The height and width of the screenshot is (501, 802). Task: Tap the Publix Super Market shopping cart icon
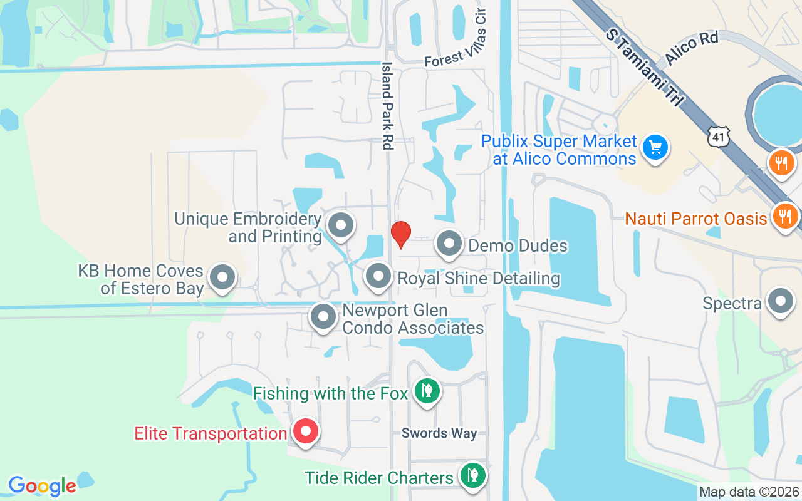click(655, 148)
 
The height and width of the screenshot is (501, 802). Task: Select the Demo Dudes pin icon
click(449, 244)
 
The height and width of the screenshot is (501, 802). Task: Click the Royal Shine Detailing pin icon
click(378, 277)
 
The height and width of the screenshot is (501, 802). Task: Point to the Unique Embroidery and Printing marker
click(341, 225)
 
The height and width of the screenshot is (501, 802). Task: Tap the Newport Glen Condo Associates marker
click(323, 318)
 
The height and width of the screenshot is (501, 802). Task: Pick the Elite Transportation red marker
click(306, 432)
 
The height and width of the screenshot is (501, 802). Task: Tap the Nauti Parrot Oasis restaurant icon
click(784, 217)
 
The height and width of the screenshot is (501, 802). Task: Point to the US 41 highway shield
click(717, 136)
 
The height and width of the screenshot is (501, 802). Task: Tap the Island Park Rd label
click(387, 105)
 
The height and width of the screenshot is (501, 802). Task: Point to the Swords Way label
click(439, 433)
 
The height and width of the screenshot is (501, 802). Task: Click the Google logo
click(42, 486)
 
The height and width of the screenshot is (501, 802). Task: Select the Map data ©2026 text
click(749, 492)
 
